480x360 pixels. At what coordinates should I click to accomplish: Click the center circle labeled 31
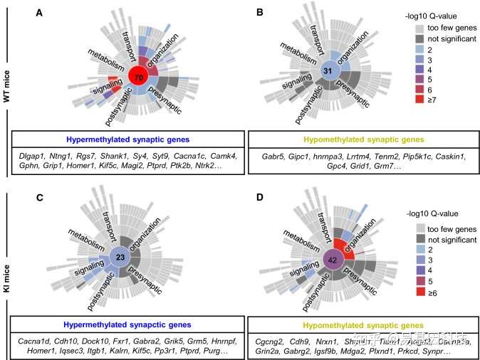328,73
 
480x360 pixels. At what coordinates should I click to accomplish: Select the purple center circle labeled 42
333,260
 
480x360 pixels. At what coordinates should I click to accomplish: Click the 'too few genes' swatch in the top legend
420,28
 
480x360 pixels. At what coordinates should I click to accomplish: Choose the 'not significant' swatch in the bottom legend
420,240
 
